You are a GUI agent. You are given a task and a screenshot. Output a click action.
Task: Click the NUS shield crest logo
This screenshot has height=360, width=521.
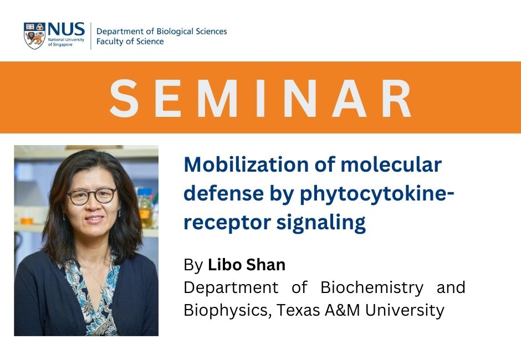click(x=34, y=36)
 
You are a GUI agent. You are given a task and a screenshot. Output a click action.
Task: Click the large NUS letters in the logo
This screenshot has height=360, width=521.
click(x=66, y=29)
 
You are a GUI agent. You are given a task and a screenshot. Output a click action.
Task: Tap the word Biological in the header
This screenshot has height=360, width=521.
click(x=175, y=32)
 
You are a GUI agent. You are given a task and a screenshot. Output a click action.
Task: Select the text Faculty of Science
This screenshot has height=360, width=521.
click(x=130, y=42)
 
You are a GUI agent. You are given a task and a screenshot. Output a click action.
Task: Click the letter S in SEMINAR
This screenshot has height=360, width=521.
click(x=124, y=98)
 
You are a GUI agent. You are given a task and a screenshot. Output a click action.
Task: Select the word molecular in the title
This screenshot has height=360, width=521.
click(x=391, y=164)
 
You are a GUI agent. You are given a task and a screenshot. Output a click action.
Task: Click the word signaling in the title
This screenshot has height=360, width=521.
click(x=321, y=223)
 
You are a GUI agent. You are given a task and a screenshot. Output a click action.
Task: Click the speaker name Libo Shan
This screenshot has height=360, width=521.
click(x=247, y=265)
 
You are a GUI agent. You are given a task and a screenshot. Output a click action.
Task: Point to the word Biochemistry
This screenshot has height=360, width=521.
click(x=372, y=287)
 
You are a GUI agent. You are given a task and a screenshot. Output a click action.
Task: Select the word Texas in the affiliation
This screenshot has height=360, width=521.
click(x=298, y=311)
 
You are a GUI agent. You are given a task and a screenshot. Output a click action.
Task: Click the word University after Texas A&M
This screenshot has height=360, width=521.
click(x=405, y=311)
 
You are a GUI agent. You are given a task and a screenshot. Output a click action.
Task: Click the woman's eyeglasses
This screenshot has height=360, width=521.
click(x=91, y=196)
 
